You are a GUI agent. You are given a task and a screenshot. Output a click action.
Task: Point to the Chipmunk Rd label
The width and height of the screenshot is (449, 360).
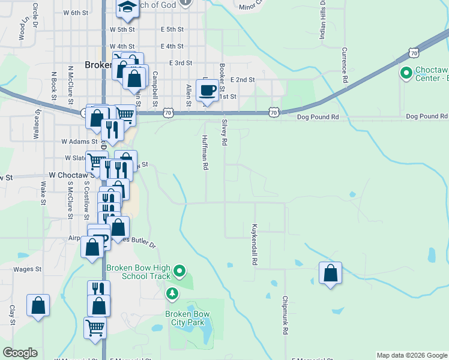point(286,315)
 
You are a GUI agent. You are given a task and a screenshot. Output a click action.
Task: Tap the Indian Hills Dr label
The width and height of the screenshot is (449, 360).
point(322,24)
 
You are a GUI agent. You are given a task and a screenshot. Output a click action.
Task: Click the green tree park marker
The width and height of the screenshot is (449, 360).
point(172,293)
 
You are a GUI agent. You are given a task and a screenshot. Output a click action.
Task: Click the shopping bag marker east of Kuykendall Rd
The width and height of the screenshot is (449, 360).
point(330,274)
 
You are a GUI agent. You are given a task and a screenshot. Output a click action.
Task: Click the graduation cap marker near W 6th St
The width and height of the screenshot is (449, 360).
point(127,7)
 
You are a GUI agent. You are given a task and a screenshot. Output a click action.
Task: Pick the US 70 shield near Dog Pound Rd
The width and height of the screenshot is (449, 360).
point(274,112)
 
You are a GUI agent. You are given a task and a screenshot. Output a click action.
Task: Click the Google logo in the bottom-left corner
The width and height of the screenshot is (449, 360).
point(20,353)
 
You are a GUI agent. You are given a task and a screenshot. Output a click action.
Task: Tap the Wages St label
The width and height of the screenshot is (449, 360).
point(27,269)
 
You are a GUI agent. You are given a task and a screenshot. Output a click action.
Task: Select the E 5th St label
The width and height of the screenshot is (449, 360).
point(172,29)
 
